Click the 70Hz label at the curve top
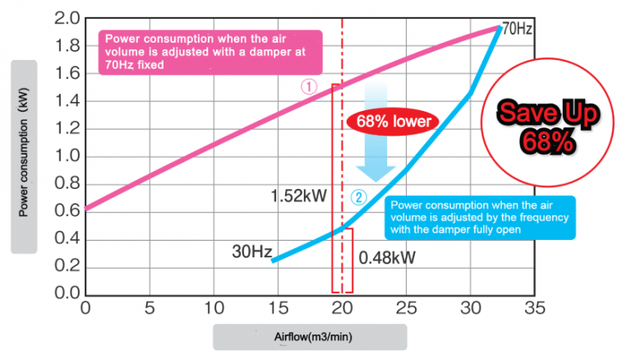(x=518, y=29)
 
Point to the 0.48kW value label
(x=387, y=258)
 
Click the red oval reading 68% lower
(x=393, y=122)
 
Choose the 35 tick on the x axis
(x=535, y=308)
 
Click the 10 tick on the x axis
(x=213, y=308)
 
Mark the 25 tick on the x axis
(x=406, y=308)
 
